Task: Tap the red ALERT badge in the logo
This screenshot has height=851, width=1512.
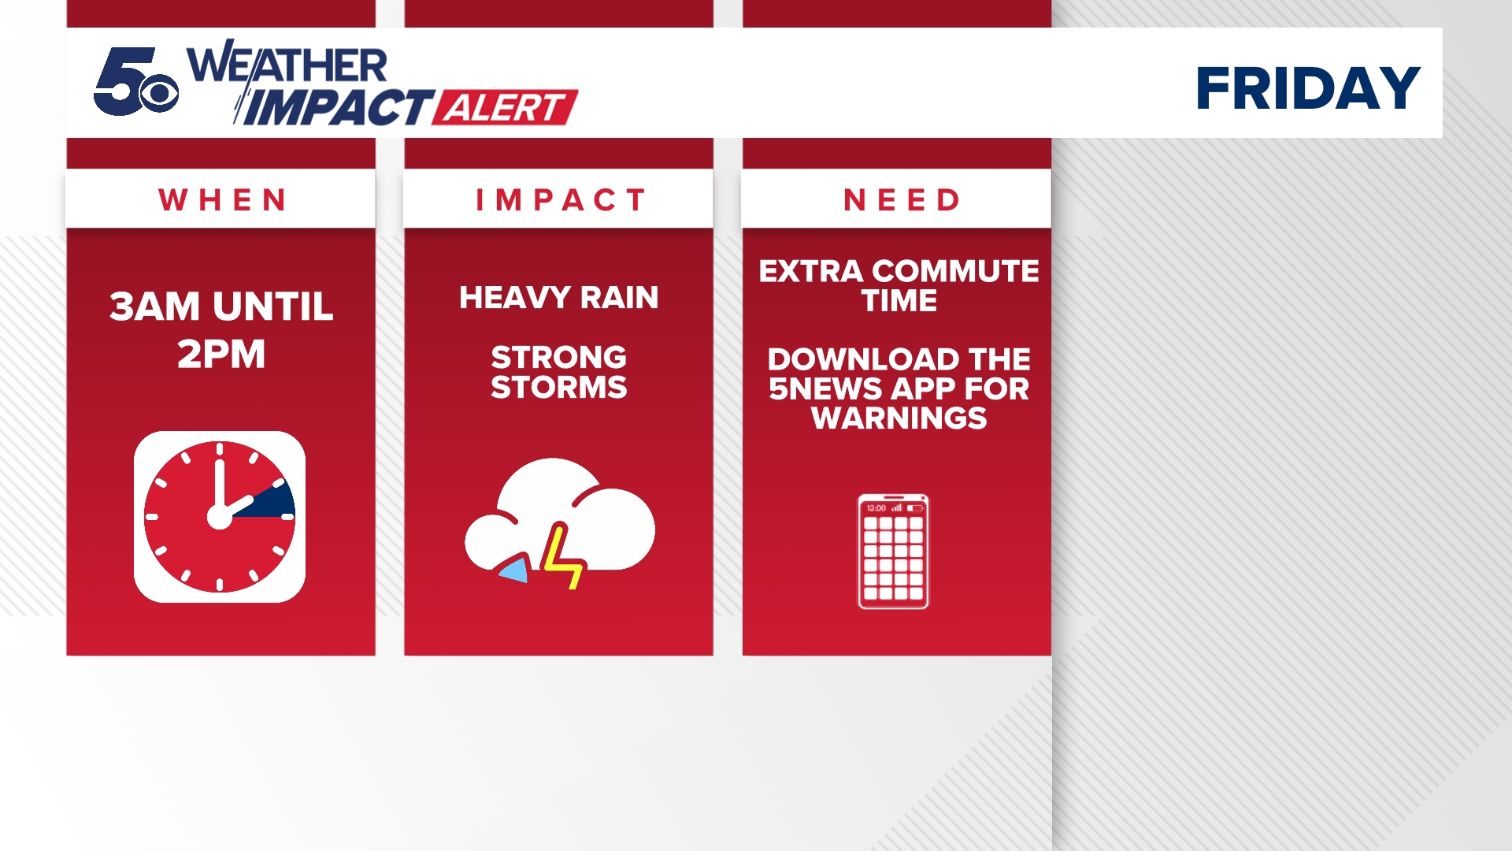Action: [506, 108]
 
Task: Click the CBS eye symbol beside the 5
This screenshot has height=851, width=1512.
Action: [160, 94]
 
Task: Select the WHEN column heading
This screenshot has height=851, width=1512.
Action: [221, 200]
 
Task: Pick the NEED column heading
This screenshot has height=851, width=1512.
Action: [901, 200]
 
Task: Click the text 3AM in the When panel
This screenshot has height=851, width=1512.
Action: [154, 307]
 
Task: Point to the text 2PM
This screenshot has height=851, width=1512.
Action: [221, 354]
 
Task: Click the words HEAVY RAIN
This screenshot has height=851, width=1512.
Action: [559, 298]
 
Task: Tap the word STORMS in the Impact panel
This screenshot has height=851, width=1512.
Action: [559, 388]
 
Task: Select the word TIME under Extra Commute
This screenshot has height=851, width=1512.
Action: [899, 301]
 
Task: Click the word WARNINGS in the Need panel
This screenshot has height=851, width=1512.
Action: [899, 418]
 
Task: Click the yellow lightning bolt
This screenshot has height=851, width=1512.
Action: [562, 556]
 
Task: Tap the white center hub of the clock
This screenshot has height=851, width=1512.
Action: [220, 517]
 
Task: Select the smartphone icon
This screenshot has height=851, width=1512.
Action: [893, 552]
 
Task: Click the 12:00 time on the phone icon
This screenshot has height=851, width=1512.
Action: [876, 508]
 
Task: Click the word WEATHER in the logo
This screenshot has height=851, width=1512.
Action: [287, 65]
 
